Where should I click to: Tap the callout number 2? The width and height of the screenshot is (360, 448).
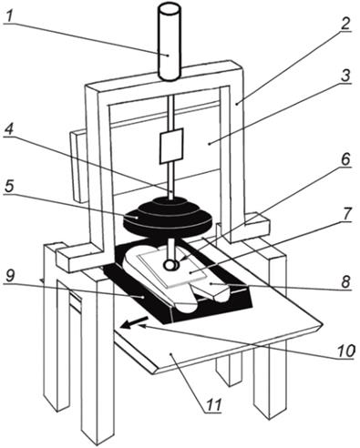click(x=345, y=23)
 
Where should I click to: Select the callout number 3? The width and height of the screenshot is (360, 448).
click(x=345, y=76)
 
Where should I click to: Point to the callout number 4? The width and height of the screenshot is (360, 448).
click(x=10, y=130)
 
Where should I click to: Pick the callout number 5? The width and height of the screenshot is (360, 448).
click(x=9, y=186)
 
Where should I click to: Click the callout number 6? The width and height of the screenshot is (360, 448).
click(x=345, y=159)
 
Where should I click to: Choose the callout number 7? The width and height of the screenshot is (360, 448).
click(x=345, y=215)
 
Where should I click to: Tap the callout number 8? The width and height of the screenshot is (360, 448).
click(x=345, y=282)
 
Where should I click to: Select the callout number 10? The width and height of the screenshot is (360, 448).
click(x=345, y=351)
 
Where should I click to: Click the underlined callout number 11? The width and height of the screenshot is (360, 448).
click(x=213, y=404)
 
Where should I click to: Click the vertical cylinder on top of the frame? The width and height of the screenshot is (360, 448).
click(x=169, y=43)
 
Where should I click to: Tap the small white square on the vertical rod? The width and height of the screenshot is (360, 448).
click(x=171, y=146)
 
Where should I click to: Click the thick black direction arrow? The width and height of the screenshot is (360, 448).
click(x=134, y=322)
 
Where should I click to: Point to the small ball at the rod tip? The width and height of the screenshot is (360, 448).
click(x=170, y=265)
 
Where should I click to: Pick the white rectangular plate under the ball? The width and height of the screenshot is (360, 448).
click(x=172, y=268)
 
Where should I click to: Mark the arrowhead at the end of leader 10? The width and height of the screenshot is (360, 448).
click(x=142, y=326)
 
